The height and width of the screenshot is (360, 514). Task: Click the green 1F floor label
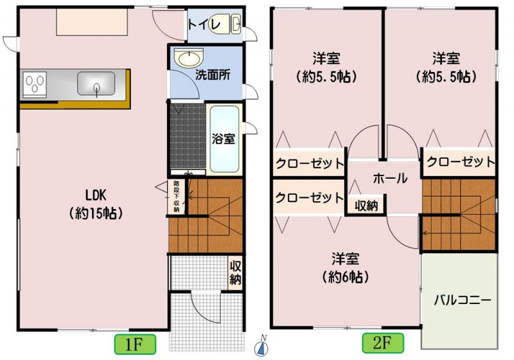pos(135,345)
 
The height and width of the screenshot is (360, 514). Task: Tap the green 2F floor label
pos(383,343)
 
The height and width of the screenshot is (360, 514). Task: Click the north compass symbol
pos(262,346)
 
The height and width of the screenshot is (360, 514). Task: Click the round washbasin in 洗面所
pos(188,58)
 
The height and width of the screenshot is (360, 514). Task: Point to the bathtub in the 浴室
pos(224,139)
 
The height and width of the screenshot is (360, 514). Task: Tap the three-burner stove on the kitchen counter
pos(35,85)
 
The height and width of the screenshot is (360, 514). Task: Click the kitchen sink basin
pos(96,84)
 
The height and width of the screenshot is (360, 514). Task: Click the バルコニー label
pos(463,300)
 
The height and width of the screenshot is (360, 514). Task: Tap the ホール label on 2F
pos(390,178)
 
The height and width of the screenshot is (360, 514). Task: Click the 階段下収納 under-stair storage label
pos(176,197)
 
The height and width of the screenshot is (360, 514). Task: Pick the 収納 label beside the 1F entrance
pos(235,273)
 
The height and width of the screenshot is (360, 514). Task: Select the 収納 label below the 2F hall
pos(366,206)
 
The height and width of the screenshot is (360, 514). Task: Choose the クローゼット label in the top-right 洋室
pos(461,162)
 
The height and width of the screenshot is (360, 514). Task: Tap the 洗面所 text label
pos(213,75)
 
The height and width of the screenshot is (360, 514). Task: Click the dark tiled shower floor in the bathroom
pos(188,136)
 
